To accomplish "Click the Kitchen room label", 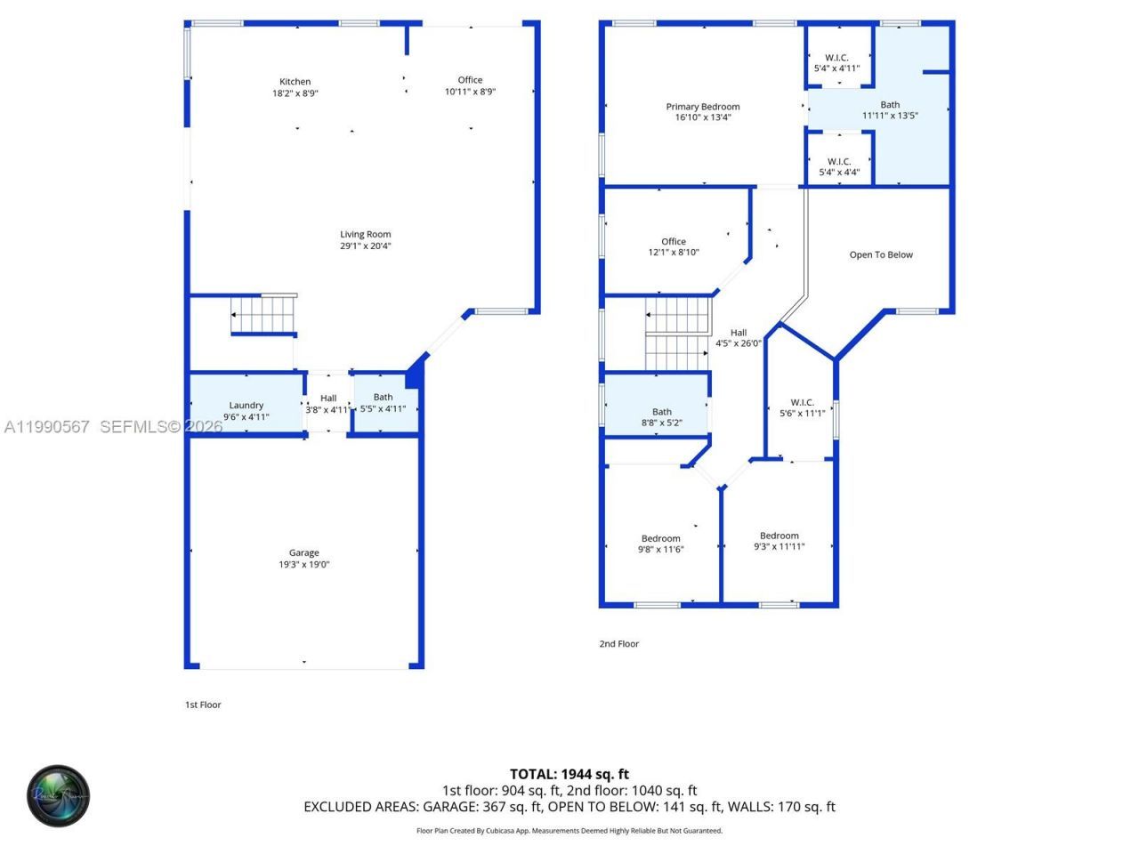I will [295, 82].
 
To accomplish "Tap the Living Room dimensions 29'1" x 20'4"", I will [365, 246].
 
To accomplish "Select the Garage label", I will [303, 552].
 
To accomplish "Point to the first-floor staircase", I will [263, 315].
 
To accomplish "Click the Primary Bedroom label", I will [702, 107].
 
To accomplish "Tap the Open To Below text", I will [881, 254].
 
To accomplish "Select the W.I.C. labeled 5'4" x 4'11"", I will [836, 62].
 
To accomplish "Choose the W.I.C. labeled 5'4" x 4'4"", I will [839, 167].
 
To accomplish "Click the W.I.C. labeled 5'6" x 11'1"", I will [802, 407].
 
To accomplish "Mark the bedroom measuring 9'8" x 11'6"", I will [660, 544].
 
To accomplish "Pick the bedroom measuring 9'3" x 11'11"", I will [779, 541].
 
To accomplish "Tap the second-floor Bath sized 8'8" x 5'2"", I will [661, 417].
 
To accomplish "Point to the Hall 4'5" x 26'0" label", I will [739, 338].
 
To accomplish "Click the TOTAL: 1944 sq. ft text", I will [569, 774].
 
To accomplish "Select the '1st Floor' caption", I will [203, 705].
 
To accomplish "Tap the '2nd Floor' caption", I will [618, 643].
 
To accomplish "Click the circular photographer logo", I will [59, 795].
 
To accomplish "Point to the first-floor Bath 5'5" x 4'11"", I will [383, 403].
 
